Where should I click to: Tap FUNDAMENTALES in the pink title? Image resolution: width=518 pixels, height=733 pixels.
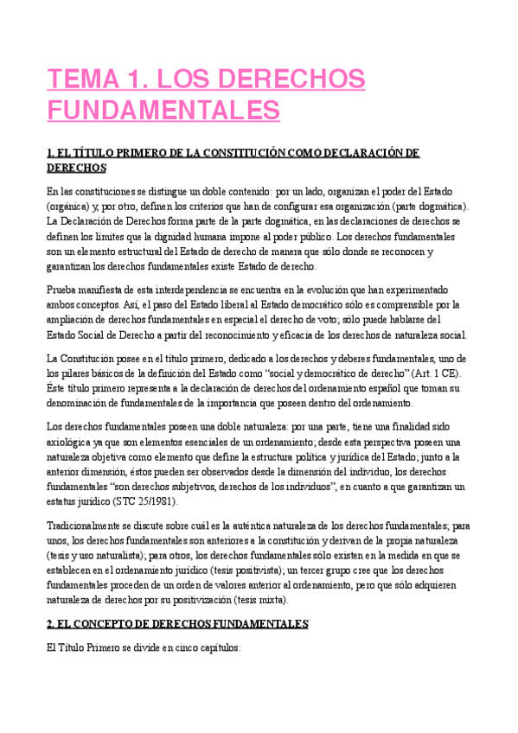pyautogui.click(x=163, y=112)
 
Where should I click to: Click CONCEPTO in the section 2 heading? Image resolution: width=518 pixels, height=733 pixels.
pyautogui.click(x=113, y=623)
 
